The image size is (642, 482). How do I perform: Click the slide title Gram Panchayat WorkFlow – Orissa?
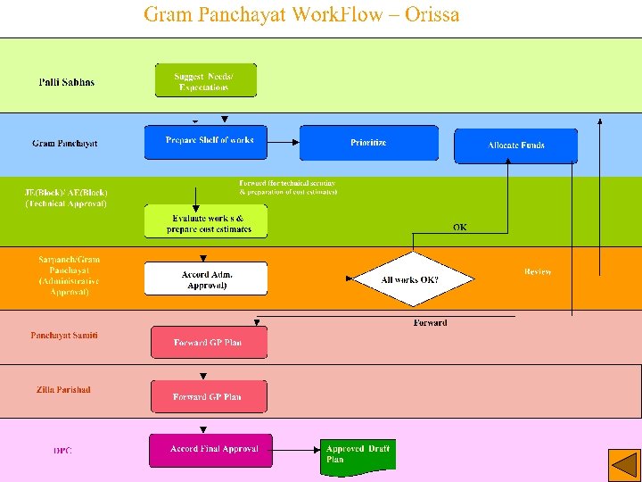click(x=301, y=15)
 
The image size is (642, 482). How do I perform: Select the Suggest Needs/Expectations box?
click(x=205, y=81)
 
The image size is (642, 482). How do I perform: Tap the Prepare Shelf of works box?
click(x=210, y=141)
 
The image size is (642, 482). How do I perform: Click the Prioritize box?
click(x=368, y=143)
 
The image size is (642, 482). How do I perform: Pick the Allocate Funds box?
click(x=515, y=145)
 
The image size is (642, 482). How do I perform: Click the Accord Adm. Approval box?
click(x=207, y=279)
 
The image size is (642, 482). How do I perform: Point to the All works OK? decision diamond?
click(x=409, y=279)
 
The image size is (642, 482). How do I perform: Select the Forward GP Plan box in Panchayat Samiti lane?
click(x=208, y=343)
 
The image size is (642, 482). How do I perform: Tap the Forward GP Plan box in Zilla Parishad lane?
click(x=208, y=397)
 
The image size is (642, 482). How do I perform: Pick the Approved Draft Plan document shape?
click(x=357, y=455)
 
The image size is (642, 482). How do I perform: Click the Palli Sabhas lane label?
click(x=66, y=82)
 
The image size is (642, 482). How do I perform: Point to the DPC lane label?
click(x=62, y=451)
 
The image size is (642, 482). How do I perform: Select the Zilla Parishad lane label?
click(x=63, y=389)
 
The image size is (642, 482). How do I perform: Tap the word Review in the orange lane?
click(x=538, y=271)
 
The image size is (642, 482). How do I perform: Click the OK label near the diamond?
click(x=459, y=227)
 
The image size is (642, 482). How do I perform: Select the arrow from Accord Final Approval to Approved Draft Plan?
click(x=296, y=450)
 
